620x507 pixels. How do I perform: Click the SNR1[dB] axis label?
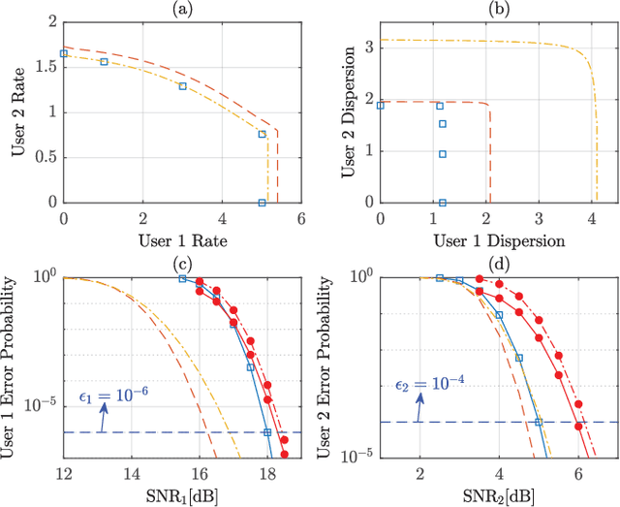[181, 491]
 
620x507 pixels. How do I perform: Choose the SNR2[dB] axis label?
[499, 491]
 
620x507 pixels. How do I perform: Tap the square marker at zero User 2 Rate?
[262, 203]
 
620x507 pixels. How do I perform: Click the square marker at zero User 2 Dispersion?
[442, 203]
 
